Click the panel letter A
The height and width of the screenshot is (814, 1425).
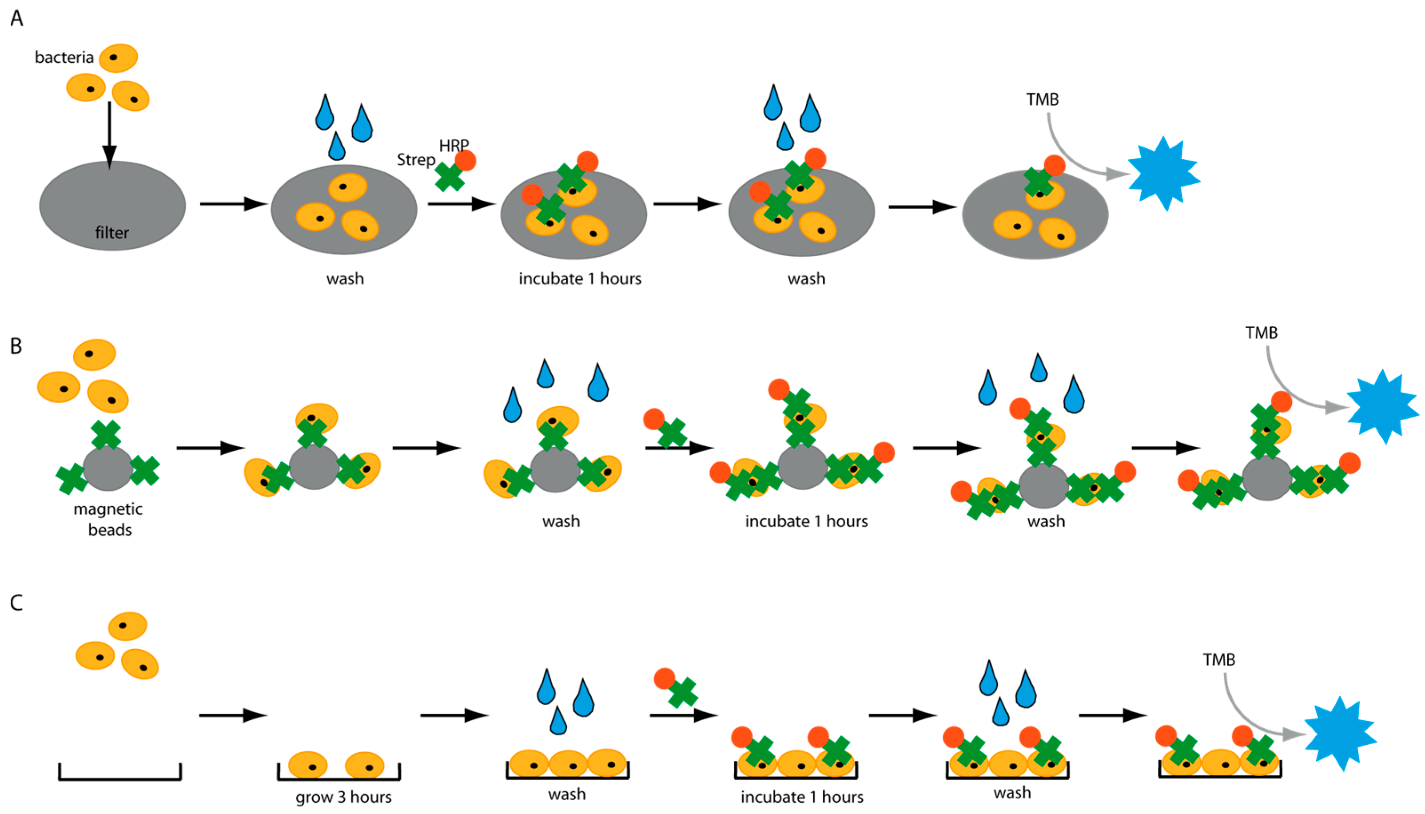[17, 19]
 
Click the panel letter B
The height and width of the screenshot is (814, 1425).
[16, 346]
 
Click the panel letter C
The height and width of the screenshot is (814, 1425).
[17, 603]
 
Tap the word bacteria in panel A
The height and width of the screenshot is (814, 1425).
[64, 58]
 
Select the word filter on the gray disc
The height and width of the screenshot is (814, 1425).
[112, 233]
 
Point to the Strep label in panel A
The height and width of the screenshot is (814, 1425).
[416, 160]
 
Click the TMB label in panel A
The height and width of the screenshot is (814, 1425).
[1042, 99]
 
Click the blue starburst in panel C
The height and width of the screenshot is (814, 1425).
[1341, 734]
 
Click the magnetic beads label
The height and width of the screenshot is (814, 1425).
[108, 519]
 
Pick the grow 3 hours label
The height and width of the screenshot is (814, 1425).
[343, 797]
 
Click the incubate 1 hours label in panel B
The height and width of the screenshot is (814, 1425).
[806, 522]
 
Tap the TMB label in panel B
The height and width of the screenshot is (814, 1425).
[1261, 333]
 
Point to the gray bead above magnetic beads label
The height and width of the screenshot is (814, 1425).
[107, 469]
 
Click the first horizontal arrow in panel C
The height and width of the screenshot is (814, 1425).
[233, 715]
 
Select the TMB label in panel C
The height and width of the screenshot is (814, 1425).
[1219, 660]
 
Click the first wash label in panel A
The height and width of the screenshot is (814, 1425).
[345, 278]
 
